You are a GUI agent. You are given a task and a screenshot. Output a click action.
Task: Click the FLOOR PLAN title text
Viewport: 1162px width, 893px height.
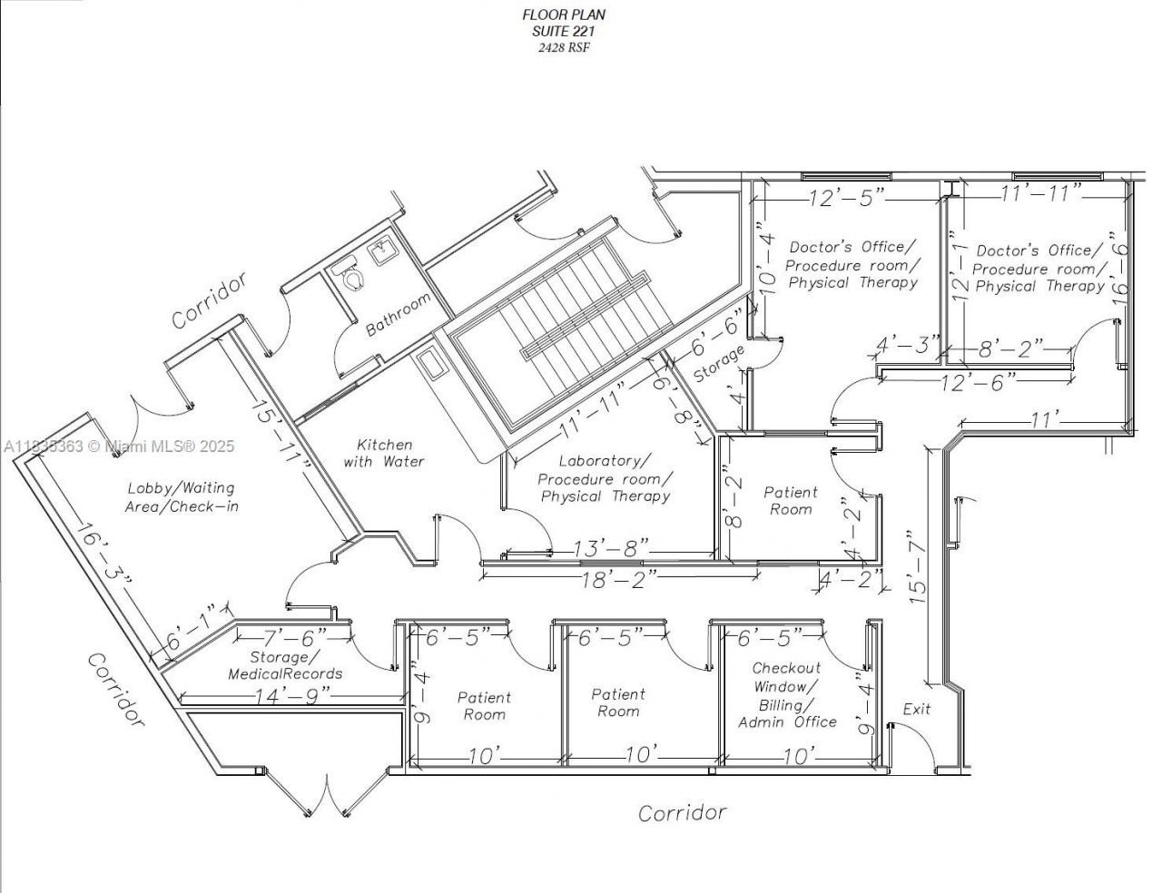[563, 15]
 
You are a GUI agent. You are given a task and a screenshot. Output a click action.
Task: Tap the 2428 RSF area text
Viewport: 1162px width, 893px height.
[563, 46]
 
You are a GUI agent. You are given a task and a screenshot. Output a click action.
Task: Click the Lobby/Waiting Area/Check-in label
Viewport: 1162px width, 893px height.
[182, 497]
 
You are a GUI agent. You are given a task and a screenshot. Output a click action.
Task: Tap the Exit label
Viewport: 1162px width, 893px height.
[916, 709]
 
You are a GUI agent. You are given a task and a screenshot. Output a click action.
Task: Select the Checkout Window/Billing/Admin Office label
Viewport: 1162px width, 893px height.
[786, 695]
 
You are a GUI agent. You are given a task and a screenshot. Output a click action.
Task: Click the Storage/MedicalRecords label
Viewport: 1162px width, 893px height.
[285, 665]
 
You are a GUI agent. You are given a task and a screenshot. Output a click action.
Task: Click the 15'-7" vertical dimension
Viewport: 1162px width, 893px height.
[916, 568]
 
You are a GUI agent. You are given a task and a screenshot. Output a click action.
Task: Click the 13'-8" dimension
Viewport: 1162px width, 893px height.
[611, 548]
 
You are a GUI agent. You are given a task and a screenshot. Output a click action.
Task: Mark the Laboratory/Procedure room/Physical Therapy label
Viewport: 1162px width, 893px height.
[605, 478]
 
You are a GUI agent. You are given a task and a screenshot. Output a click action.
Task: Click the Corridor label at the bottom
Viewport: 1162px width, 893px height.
[682, 812]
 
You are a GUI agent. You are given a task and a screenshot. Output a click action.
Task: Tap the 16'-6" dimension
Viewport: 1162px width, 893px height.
[1120, 266]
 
